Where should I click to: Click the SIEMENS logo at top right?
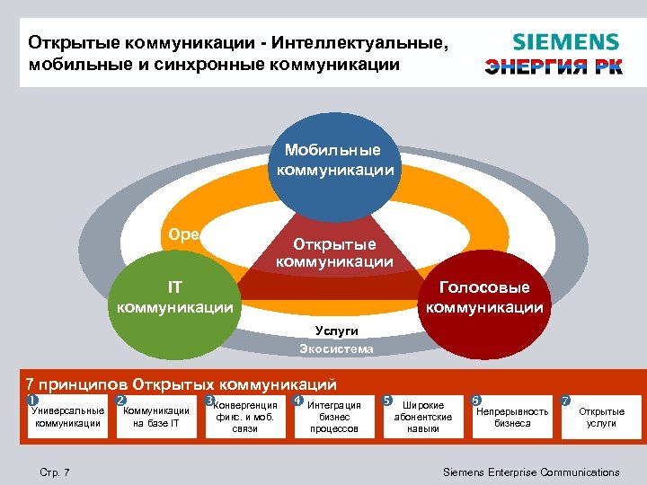point(565,41)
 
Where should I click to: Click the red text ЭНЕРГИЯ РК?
point(554,67)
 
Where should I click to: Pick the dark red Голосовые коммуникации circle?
point(484,297)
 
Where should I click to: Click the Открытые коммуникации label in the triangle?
point(334,253)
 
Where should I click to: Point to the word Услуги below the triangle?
point(336,331)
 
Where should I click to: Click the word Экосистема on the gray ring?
point(336,348)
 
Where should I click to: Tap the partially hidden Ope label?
point(183,234)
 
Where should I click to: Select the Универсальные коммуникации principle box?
point(67,417)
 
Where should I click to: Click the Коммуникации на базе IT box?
point(155,417)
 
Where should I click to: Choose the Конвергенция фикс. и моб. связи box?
point(244,417)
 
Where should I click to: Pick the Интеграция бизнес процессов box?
point(333,417)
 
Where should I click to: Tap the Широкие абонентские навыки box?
point(422,417)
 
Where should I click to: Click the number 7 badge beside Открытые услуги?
point(565,399)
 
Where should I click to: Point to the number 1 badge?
point(31,399)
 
